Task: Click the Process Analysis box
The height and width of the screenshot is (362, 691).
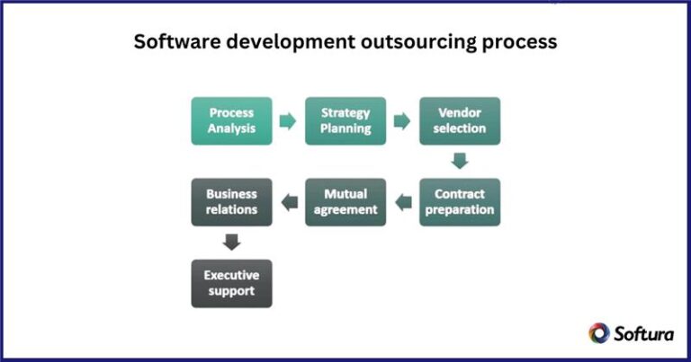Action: click(x=231, y=120)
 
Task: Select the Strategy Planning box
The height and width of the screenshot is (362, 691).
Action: click(x=345, y=120)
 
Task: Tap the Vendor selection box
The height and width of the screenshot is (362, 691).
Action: click(x=460, y=120)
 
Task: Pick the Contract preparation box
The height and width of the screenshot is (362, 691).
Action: click(x=460, y=202)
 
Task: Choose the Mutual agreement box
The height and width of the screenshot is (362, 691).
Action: click(x=345, y=202)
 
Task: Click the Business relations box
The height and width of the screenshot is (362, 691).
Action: click(x=231, y=202)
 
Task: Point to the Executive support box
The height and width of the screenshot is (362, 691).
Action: click(x=231, y=284)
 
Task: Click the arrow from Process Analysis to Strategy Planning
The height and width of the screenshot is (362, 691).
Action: click(x=288, y=120)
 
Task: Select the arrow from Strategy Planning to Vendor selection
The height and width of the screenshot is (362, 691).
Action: click(x=402, y=120)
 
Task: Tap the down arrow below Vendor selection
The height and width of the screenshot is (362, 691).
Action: click(x=460, y=161)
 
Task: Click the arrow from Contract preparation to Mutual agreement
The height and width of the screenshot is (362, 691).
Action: click(x=402, y=202)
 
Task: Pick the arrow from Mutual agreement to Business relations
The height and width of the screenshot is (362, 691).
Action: click(x=289, y=202)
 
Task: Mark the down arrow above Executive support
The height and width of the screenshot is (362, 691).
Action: click(x=231, y=243)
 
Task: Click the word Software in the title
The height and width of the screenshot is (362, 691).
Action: click(x=172, y=41)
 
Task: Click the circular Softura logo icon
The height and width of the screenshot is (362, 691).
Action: click(x=598, y=333)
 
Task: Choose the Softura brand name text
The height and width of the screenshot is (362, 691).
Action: click(x=644, y=333)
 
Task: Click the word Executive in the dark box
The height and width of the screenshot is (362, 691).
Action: click(x=231, y=276)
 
